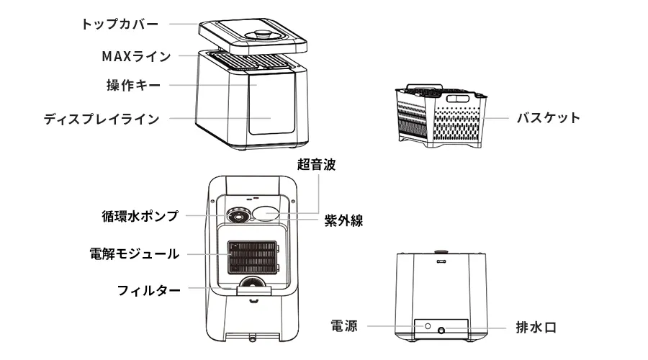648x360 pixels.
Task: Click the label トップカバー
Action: (120, 23)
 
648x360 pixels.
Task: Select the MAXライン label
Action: (137, 55)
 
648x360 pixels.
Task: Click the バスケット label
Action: (547, 118)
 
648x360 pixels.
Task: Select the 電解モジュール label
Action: (134, 253)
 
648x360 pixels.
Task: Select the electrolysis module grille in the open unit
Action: (252, 257)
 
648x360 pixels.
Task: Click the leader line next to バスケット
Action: (497, 118)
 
